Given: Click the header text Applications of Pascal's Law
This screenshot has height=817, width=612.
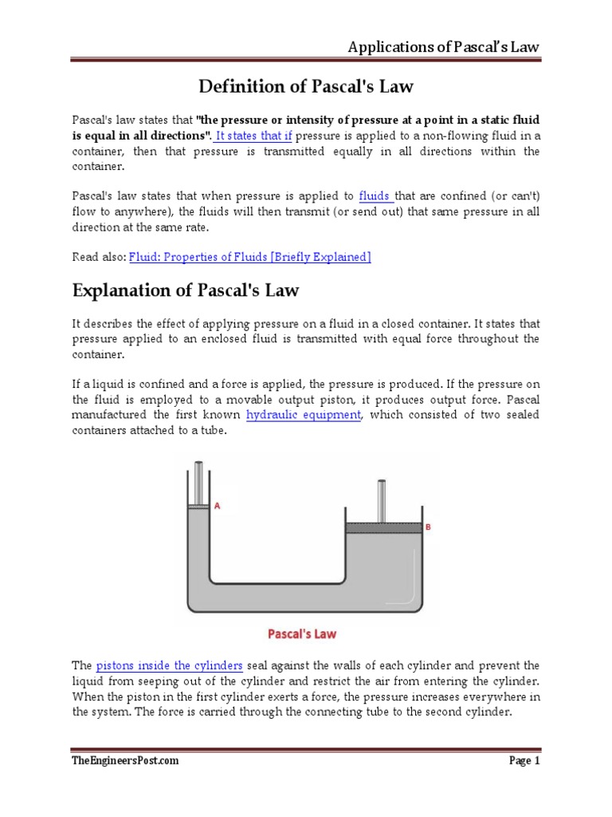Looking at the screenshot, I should pyautogui.click(x=443, y=46).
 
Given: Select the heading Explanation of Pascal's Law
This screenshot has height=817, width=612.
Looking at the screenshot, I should pyautogui.click(x=186, y=290).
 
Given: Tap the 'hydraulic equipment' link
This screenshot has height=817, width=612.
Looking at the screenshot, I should pyautogui.click(x=304, y=415).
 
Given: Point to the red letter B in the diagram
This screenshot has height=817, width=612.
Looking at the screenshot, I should pyautogui.click(x=428, y=526).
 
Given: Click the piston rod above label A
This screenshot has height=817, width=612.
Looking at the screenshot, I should pyautogui.click(x=198, y=483).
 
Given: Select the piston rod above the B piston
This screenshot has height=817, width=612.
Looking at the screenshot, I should pyautogui.click(x=382, y=500).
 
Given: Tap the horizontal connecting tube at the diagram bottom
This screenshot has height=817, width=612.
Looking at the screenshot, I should pyautogui.click(x=307, y=599).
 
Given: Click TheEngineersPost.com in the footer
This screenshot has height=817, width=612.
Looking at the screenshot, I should pyautogui.click(x=126, y=760).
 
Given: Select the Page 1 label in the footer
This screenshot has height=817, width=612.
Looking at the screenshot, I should pyautogui.click(x=524, y=760).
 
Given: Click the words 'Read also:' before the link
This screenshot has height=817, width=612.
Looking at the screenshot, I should pyautogui.click(x=99, y=256).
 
